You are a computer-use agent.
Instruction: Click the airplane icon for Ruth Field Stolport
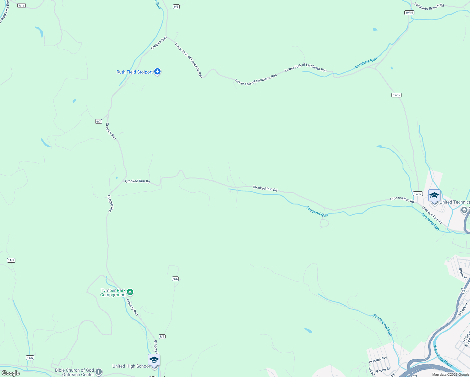(157, 72)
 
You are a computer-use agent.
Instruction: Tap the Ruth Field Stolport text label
(134, 72)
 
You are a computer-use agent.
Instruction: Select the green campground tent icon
(130, 292)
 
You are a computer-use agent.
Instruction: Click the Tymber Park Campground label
(113, 292)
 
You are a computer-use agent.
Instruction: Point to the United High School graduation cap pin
(154, 360)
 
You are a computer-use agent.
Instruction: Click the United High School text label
(131, 366)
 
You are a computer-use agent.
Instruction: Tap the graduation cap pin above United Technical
(434, 195)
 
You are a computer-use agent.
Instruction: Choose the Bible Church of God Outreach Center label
(74, 372)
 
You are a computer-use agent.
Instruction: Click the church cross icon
(99, 372)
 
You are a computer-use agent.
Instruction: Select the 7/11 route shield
(21, 6)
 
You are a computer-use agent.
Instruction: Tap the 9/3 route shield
(176, 7)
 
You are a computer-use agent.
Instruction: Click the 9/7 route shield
(99, 121)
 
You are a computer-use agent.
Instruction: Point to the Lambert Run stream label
(366, 63)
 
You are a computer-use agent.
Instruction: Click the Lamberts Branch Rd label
(429, 6)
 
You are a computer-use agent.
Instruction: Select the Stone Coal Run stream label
(383, 325)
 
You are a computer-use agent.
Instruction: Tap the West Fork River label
(442, 356)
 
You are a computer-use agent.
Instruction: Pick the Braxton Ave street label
(378, 360)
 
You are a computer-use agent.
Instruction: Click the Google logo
(10, 373)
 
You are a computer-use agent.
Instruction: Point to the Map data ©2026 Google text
(451, 374)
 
